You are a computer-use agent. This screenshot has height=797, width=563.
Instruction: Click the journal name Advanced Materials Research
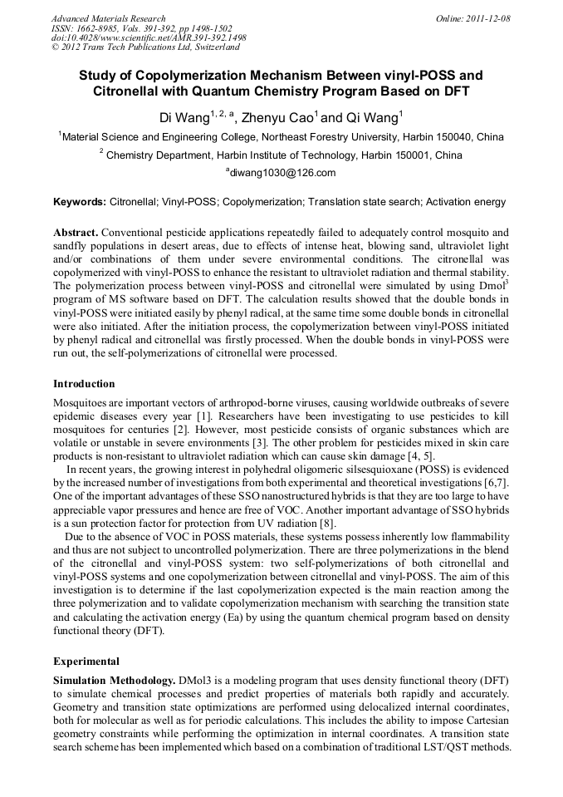pyautogui.click(x=108, y=18)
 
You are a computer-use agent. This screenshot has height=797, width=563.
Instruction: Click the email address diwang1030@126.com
pyautogui.click(x=281, y=173)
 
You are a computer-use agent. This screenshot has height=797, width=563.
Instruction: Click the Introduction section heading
pyautogui.click(x=84, y=384)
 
